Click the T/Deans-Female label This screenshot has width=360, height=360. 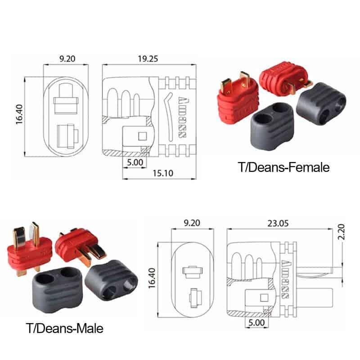tap(284, 167)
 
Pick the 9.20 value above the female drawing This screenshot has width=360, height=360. tap(66, 58)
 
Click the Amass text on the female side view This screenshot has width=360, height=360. tap(184, 117)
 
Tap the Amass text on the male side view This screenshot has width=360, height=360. tap(285, 281)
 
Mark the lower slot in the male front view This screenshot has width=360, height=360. tap(194, 297)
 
